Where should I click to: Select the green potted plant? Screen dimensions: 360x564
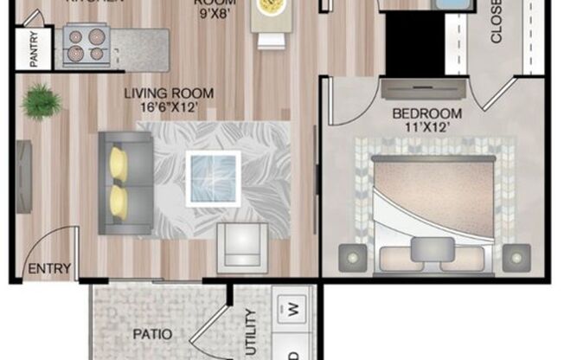click(42, 102)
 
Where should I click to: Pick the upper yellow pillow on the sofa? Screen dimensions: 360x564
click(119, 164)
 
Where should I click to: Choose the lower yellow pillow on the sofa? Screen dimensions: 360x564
click(119, 202)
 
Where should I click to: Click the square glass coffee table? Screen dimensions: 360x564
click(214, 177)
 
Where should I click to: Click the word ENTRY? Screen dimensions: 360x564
click(49, 268)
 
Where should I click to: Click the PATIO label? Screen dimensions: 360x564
click(151, 334)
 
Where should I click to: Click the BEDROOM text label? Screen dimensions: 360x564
click(426, 113)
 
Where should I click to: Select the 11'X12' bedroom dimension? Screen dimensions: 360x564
click(426, 128)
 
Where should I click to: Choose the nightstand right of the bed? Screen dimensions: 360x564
click(516, 257)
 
